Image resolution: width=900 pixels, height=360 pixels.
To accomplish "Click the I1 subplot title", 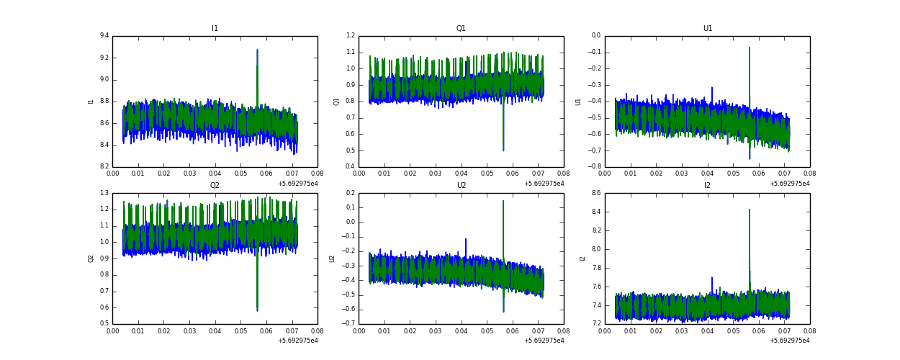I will point(215,29).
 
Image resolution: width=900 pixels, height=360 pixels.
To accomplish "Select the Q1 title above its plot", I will point(461,29).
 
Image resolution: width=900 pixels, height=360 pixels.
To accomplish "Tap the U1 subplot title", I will point(707,29).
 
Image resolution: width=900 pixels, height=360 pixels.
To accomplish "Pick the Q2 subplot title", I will point(215,186).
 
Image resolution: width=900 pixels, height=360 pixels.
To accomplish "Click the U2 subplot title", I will point(461,186).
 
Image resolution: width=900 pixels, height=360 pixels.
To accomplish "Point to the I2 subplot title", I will point(707,186).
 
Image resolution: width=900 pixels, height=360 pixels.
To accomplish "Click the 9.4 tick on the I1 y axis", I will point(104,35).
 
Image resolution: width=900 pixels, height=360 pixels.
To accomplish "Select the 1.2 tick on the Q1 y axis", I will point(350,35).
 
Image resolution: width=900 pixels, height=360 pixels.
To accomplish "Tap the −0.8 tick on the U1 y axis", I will point(595,167).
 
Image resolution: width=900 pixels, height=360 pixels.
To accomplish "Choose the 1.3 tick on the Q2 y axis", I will point(104,193).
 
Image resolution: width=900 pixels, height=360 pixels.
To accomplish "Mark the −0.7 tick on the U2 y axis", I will point(348,324).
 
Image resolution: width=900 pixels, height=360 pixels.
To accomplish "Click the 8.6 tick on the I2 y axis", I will point(596,193).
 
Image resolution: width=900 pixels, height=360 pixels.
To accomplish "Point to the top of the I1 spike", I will point(257,50).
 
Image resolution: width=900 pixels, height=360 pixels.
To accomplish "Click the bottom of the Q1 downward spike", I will point(503,150).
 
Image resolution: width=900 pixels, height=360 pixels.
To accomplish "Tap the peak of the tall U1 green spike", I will point(750,48).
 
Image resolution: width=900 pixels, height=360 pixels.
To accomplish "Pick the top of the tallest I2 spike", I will point(750,210).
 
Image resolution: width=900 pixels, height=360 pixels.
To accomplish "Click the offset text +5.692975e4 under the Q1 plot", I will point(544,184).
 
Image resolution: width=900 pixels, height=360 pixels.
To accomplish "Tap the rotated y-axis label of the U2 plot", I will point(333,258).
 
